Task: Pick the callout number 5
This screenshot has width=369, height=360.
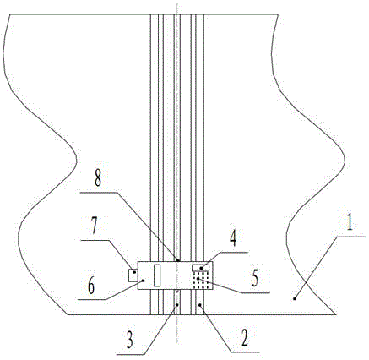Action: (254, 280)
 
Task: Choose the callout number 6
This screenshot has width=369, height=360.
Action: (91, 286)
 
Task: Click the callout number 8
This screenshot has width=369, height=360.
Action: (97, 177)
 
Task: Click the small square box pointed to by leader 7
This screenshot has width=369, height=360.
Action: (133, 275)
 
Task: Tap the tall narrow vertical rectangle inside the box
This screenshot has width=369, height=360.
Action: (157, 275)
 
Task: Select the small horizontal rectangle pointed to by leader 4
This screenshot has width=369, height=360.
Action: (201, 268)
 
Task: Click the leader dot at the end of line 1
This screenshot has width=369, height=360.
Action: (295, 298)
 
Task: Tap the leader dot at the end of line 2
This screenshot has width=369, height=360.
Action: (199, 304)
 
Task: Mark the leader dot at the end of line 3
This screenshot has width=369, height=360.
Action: (176, 304)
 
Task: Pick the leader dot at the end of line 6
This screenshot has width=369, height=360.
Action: (144, 281)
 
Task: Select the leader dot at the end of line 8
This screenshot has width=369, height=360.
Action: (177, 260)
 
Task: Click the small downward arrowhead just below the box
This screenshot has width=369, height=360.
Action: (176, 291)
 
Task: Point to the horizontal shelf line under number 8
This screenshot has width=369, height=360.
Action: (98, 193)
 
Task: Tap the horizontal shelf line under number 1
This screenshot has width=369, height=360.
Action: (351, 237)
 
